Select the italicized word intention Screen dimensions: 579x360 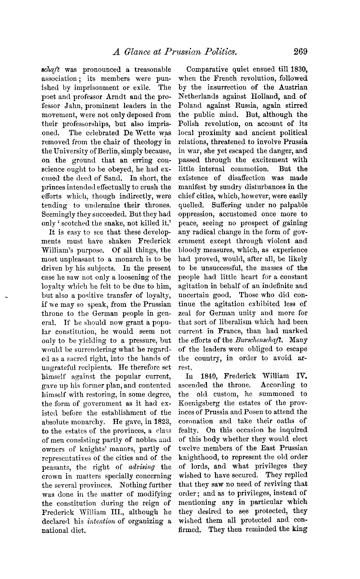click(101, 521)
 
